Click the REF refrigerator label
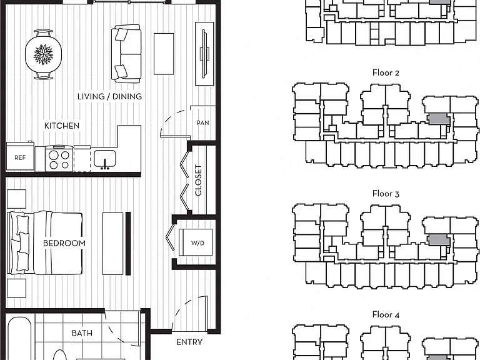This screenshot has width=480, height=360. (20, 158)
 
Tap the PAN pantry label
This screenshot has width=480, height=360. (202, 122)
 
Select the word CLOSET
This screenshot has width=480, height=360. (198, 180)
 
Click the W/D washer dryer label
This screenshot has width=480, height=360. (197, 243)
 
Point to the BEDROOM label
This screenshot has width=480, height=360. (64, 243)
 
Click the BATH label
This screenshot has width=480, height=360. (82, 333)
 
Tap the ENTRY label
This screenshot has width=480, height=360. (189, 342)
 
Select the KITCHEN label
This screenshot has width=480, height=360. (62, 126)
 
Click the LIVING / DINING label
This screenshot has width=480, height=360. (109, 96)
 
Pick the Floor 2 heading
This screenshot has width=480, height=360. (386, 73)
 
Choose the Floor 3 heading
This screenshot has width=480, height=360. (386, 194)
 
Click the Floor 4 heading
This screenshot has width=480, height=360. (386, 315)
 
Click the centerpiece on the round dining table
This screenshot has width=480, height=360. (43, 54)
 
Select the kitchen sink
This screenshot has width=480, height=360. (105, 159)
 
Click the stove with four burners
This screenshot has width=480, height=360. (59, 159)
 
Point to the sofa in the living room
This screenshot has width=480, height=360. (126, 54)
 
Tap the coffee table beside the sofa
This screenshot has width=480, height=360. (164, 54)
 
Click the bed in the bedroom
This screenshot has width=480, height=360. (45, 242)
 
